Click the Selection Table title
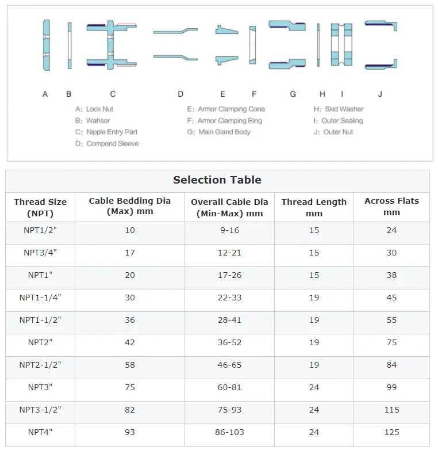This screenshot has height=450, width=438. [x=217, y=180]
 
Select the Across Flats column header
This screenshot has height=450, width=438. [x=391, y=207]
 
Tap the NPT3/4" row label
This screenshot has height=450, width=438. [x=40, y=253]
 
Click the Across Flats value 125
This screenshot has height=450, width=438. [x=391, y=432]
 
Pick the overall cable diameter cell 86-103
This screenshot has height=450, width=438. [x=229, y=432]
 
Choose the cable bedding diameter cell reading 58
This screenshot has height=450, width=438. [x=130, y=365]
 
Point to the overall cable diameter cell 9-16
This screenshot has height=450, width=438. [x=229, y=230]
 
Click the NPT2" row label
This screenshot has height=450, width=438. [x=40, y=342]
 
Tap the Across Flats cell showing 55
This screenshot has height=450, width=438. [x=391, y=320]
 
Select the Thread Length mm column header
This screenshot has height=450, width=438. [x=314, y=207]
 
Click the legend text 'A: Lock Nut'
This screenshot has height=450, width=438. [x=95, y=109]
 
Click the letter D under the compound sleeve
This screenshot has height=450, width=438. [x=180, y=94]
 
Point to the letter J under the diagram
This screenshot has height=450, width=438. [x=380, y=94]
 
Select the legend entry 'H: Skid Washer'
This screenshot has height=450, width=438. [x=339, y=109]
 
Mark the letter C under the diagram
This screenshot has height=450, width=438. [x=113, y=94]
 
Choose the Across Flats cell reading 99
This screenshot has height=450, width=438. [x=391, y=387]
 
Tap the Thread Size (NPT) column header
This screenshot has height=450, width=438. [x=40, y=207]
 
